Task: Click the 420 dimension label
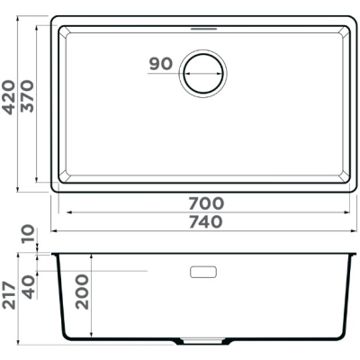tap(9, 97)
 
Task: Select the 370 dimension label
tap(27, 96)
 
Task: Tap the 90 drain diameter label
tap(161, 64)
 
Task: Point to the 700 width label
tap(206, 203)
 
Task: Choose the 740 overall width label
tap(206, 221)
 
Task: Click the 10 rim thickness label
tap(28, 235)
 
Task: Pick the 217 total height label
tap(9, 295)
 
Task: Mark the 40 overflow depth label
tap(29, 287)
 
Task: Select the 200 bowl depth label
tap(82, 292)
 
